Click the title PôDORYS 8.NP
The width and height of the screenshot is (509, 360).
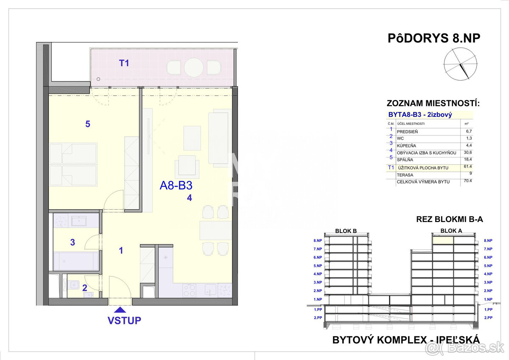[434, 38]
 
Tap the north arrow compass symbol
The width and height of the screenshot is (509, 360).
[460, 64]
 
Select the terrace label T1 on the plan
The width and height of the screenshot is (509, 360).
[124, 63]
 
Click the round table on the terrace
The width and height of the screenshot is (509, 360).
[193, 67]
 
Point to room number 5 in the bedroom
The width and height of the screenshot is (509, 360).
[88, 124]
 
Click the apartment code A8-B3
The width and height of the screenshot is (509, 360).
[176, 186]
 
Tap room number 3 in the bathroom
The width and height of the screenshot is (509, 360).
[73, 242]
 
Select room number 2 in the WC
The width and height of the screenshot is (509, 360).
[85, 287]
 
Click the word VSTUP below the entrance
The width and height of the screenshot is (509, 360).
[124, 321]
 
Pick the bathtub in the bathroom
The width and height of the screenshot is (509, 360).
[76, 261]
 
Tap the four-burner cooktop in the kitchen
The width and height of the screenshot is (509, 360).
[190, 290]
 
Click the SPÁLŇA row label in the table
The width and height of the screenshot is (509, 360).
[405, 160]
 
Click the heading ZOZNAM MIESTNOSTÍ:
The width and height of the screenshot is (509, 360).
[433, 103]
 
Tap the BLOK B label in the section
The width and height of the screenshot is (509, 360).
[346, 231]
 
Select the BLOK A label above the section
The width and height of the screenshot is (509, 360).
[451, 231]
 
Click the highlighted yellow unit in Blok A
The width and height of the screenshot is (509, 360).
[443, 240]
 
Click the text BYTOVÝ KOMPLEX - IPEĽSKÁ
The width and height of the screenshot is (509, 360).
[406, 340]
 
